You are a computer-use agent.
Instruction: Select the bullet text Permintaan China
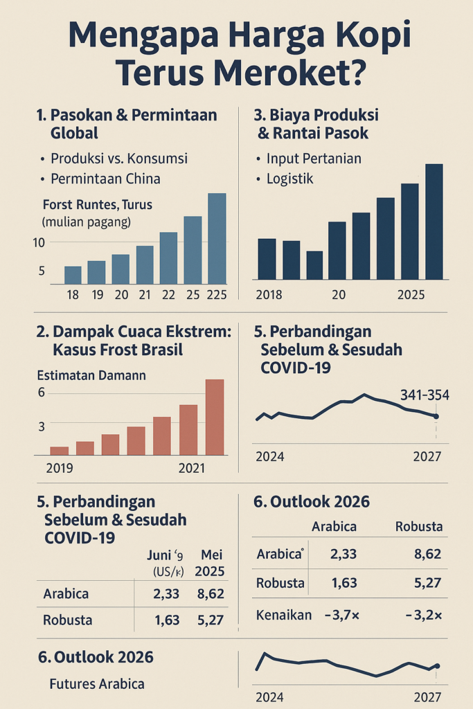105,179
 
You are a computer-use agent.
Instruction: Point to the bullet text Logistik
289,179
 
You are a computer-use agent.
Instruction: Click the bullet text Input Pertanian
314,159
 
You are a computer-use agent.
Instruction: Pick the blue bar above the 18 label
73,275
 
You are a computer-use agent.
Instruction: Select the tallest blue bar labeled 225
217,238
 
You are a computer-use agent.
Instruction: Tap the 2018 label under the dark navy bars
269,295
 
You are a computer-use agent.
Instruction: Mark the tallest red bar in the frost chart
215,417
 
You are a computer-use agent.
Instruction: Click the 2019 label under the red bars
60,469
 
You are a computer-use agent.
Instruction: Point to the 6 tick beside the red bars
41,393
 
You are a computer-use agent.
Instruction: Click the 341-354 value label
425,395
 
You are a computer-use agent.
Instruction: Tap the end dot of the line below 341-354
436,416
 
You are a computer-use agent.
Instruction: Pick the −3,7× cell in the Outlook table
339,615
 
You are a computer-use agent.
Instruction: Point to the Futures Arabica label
97,684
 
